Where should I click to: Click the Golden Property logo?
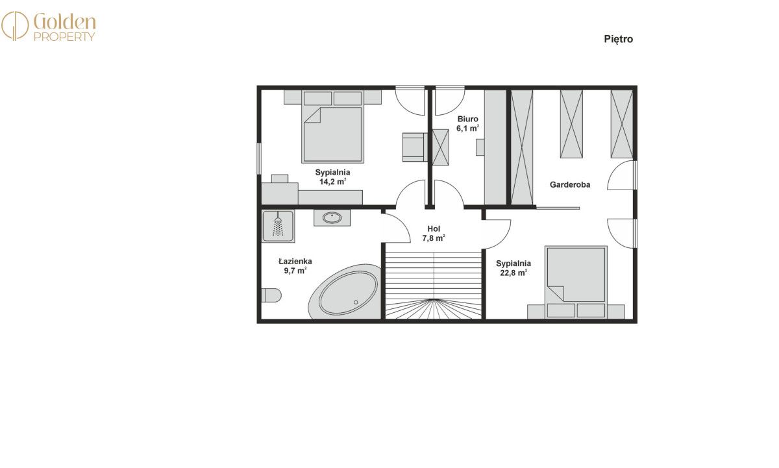[48, 27]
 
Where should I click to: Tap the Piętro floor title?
[618, 40]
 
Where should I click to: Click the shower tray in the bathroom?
[278, 227]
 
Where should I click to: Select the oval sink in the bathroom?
[332, 218]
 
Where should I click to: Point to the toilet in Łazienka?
[271, 295]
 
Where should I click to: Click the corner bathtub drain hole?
[356, 302]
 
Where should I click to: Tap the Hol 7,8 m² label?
[434, 233]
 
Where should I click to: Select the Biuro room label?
[468, 119]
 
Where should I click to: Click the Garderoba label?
[570, 184]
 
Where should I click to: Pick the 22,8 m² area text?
[513, 273]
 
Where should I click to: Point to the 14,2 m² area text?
[332, 182]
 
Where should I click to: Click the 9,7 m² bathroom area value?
[295, 271]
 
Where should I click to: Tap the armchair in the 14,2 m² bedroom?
[415, 147]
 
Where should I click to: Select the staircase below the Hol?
[434, 284]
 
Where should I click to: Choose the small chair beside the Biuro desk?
[480, 147]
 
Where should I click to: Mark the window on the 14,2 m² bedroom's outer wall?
[259, 158]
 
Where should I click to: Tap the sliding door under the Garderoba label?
[558, 208]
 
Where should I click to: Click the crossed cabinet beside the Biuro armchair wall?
[440, 147]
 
